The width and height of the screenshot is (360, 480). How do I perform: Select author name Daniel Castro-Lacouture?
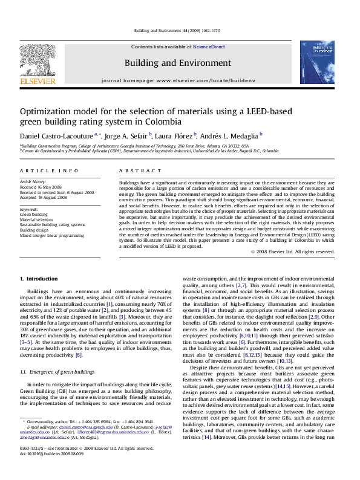click(x=53, y=136)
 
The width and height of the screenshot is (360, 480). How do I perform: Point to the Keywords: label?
click(x=30, y=209)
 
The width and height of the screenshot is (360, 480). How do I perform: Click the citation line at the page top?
click(x=180, y=30)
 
